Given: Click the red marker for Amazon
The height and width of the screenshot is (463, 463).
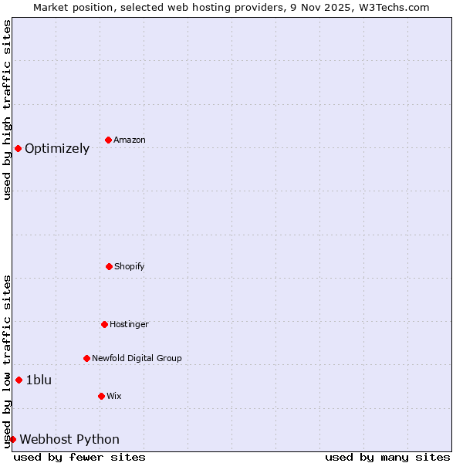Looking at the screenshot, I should (x=108, y=140).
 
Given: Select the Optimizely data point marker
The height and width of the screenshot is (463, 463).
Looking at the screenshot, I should (x=18, y=148).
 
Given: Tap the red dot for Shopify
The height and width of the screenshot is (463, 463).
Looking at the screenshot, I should (x=109, y=266).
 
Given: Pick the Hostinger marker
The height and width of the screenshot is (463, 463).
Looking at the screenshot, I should (x=104, y=324).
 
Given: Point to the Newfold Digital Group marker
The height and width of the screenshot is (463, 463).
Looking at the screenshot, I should (x=86, y=358).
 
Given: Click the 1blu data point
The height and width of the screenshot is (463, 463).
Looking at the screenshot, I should (x=19, y=380).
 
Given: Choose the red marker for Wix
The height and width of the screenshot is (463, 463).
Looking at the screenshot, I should (x=101, y=396).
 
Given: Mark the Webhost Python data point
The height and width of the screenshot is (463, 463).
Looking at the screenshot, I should (x=12, y=439).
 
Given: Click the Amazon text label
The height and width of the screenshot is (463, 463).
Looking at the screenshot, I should (x=130, y=140).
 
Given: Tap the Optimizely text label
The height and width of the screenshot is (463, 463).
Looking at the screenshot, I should (x=57, y=149).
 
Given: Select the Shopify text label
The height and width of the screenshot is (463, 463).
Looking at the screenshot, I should (x=130, y=266).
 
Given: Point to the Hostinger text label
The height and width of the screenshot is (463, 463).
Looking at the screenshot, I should (x=129, y=324).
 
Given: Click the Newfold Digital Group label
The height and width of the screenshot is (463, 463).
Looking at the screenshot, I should (x=137, y=358).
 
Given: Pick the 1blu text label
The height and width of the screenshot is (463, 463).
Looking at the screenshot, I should (x=39, y=380).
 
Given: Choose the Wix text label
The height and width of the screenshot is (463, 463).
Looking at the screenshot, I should (x=114, y=396).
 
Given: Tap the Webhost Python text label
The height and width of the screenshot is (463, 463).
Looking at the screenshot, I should (x=69, y=440).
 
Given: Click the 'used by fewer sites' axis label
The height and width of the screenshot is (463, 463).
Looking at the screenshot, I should (x=79, y=457).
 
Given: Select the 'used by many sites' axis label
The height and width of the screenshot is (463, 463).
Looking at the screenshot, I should (x=387, y=457).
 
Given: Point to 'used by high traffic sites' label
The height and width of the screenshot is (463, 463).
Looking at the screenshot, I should (x=7, y=110).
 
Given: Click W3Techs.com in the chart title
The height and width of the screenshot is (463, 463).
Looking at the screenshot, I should (x=391, y=7).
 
